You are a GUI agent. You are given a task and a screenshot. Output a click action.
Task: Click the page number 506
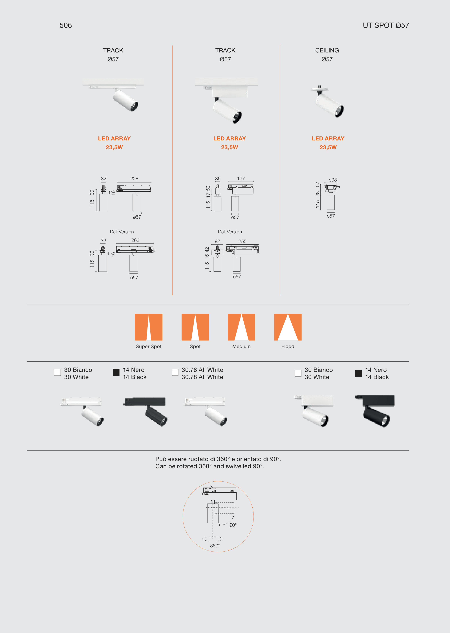pyautogui.click(x=66, y=25)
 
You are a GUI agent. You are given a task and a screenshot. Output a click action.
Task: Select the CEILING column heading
pyautogui.click(x=327, y=50)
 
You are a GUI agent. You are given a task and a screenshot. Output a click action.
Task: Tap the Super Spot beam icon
pyautogui.click(x=149, y=327)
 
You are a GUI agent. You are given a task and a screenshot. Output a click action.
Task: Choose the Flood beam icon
pyautogui.click(x=288, y=327)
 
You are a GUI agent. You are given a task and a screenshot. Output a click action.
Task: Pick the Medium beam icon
pyautogui.click(x=241, y=327)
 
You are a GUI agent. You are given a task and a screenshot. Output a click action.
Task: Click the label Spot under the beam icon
pyautogui.click(x=195, y=347)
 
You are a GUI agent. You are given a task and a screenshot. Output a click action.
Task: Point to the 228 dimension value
pyautogui.click(x=134, y=179)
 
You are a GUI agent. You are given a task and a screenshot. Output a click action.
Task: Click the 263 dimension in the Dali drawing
pyautogui.click(x=135, y=240)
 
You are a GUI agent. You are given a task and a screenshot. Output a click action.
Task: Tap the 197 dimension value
pyautogui.click(x=241, y=179)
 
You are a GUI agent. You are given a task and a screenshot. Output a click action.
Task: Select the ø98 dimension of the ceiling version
pyautogui.click(x=333, y=180)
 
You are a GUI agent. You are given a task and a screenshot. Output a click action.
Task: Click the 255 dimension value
pyautogui.click(x=242, y=241)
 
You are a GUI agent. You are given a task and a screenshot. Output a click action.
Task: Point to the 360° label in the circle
pyautogui.click(x=215, y=546)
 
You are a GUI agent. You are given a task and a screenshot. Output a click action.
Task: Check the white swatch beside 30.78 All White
pyautogui.click(x=175, y=372)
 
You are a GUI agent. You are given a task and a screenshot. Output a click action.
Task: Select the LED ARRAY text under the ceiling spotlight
pyautogui.click(x=328, y=138)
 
